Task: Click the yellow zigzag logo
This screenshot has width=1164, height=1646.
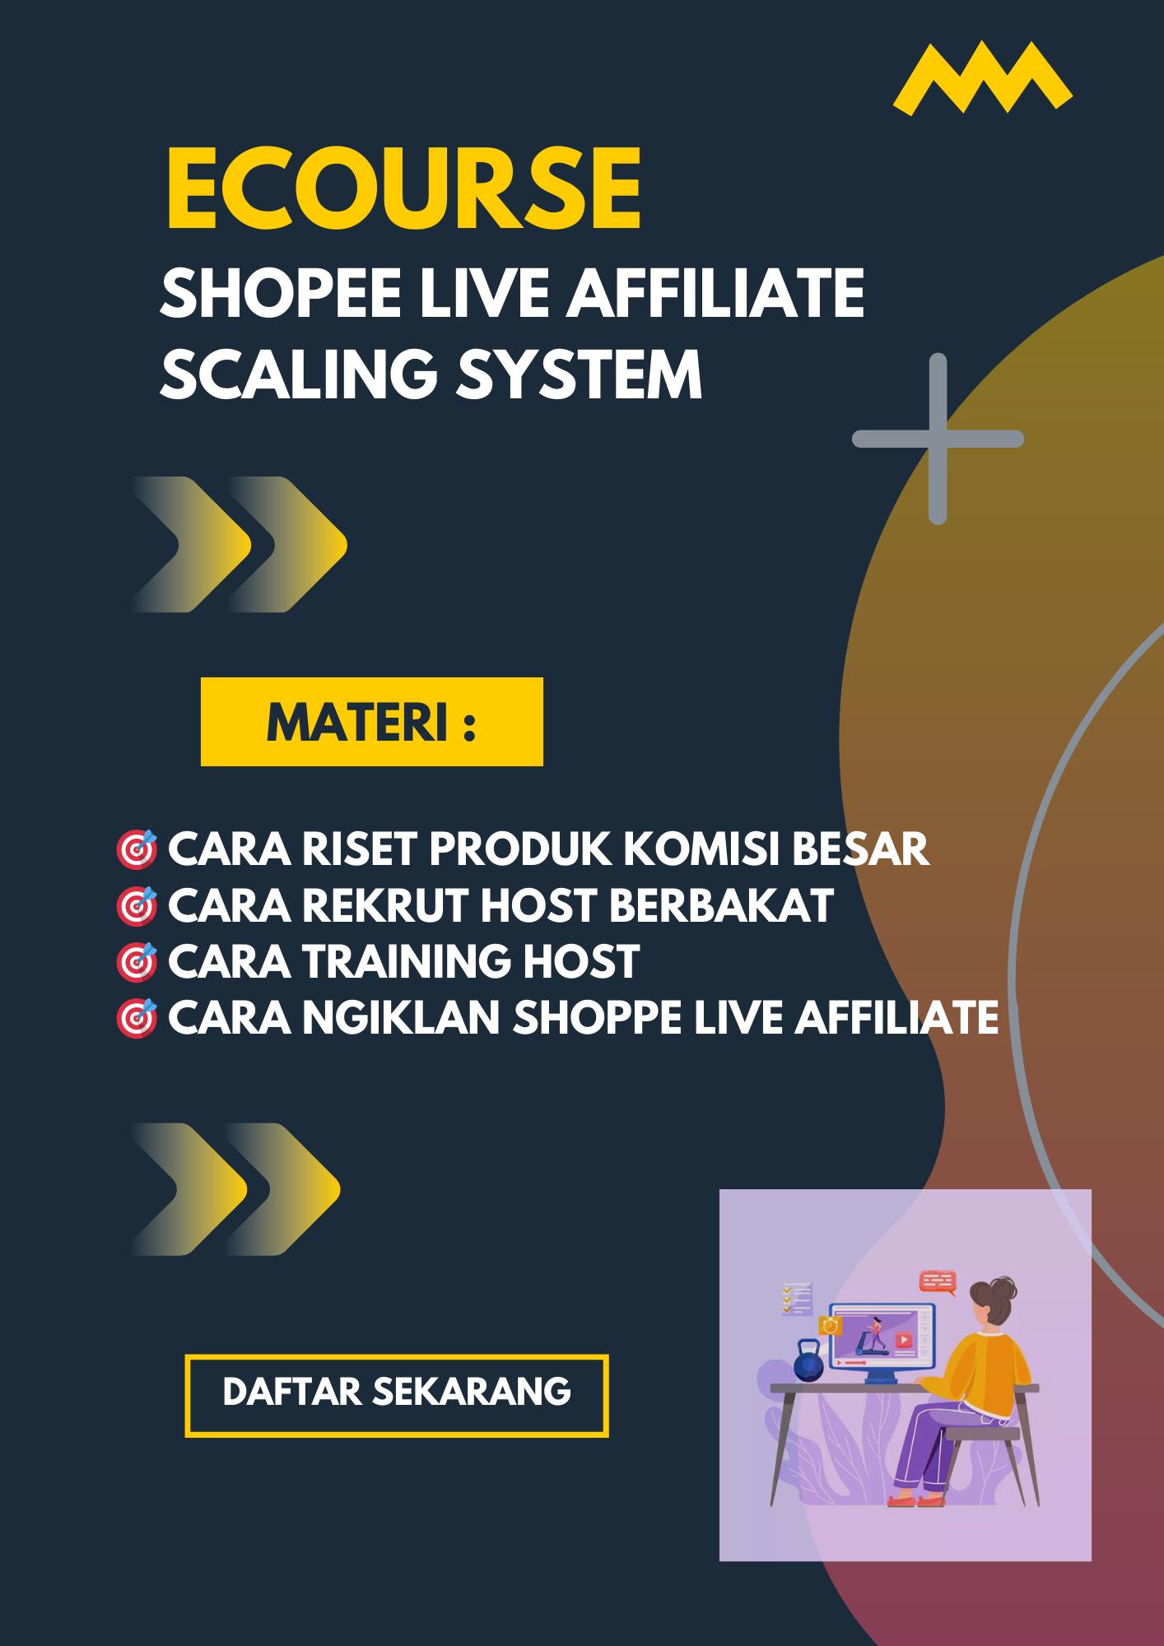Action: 982,79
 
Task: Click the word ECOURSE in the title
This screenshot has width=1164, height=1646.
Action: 403,188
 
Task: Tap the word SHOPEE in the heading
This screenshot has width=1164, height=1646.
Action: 280,293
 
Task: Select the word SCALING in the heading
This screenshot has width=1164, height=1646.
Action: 299,374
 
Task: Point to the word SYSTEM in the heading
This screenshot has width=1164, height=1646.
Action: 579,374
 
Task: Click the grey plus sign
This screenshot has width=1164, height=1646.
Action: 938,439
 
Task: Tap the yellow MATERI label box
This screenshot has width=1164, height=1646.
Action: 372,722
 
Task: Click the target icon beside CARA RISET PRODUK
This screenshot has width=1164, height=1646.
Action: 137,850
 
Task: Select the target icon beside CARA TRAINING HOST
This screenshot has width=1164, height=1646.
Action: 137,962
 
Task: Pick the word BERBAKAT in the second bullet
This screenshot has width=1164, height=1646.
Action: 721,905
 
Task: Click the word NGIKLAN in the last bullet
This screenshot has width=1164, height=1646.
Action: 401,1017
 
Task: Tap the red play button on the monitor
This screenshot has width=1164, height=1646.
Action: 903,1341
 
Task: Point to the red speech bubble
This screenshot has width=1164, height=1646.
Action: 938,1282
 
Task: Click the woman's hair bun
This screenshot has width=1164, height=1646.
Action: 1004,1288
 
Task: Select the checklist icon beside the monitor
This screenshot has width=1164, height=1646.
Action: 796,1299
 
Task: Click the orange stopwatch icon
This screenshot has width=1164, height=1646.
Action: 831,1326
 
